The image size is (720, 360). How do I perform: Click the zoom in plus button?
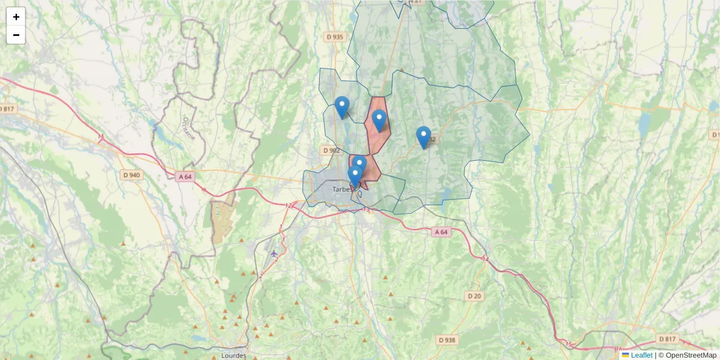pyautogui.click(x=16, y=17)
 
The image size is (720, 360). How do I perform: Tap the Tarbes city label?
pyautogui.click(x=342, y=190)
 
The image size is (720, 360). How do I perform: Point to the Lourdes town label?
pyautogui.click(x=233, y=355)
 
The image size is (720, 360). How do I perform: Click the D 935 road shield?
pyautogui.click(x=335, y=37)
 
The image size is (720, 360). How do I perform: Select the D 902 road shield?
pyautogui.click(x=331, y=151)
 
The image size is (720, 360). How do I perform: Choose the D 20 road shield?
pyautogui.click(x=474, y=296)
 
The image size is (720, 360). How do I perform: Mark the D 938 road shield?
pyautogui.click(x=447, y=340)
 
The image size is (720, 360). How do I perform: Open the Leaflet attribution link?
pyautogui.click(x=641, y=355)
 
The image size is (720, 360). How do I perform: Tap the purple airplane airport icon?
pyautogui.click(x=274, y=253)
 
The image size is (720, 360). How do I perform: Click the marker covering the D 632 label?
pyautogui.click(x=424, y=137)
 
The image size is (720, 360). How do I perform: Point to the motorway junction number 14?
pyautogui.click(x=485, y=259)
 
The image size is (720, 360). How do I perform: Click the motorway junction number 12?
pyautogui.click(x=288, y=206)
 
